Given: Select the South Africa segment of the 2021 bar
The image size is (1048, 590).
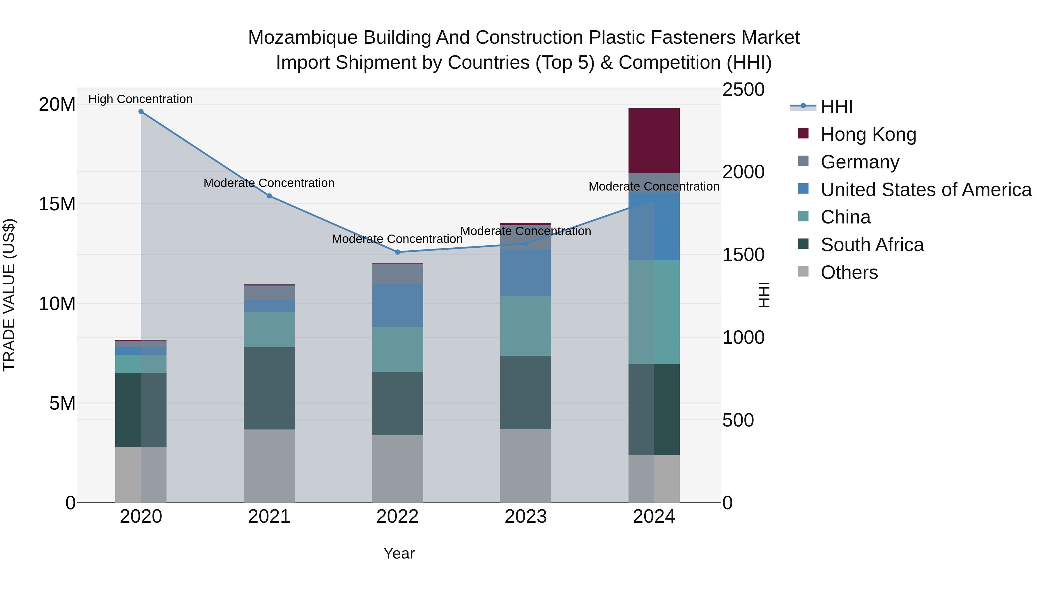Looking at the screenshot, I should tap(269, 388).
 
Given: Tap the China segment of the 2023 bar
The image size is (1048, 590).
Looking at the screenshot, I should tap(525, 326).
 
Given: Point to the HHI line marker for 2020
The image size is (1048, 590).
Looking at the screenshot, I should tap(141, 112).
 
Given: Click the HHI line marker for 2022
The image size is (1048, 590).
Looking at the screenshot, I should tap(397, 252).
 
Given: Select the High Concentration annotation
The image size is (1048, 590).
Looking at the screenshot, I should tap(140, 99).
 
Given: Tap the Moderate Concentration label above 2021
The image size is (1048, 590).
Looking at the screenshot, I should tap(269, 183).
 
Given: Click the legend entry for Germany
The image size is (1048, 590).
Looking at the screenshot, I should tap(860, 162).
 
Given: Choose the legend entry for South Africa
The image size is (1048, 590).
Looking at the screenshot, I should tap(872, 245).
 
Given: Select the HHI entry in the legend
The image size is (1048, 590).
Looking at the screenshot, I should tap(836, 107).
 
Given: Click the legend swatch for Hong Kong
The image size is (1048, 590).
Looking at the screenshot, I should tap(803, 133).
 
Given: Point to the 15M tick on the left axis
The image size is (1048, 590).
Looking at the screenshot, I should tap(57, 204).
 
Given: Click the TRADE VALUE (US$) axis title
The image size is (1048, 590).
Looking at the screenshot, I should tap(9, 295).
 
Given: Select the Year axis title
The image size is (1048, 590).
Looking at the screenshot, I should tap(399, 553).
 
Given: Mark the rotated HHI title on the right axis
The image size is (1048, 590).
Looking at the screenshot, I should tap(764, 295).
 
